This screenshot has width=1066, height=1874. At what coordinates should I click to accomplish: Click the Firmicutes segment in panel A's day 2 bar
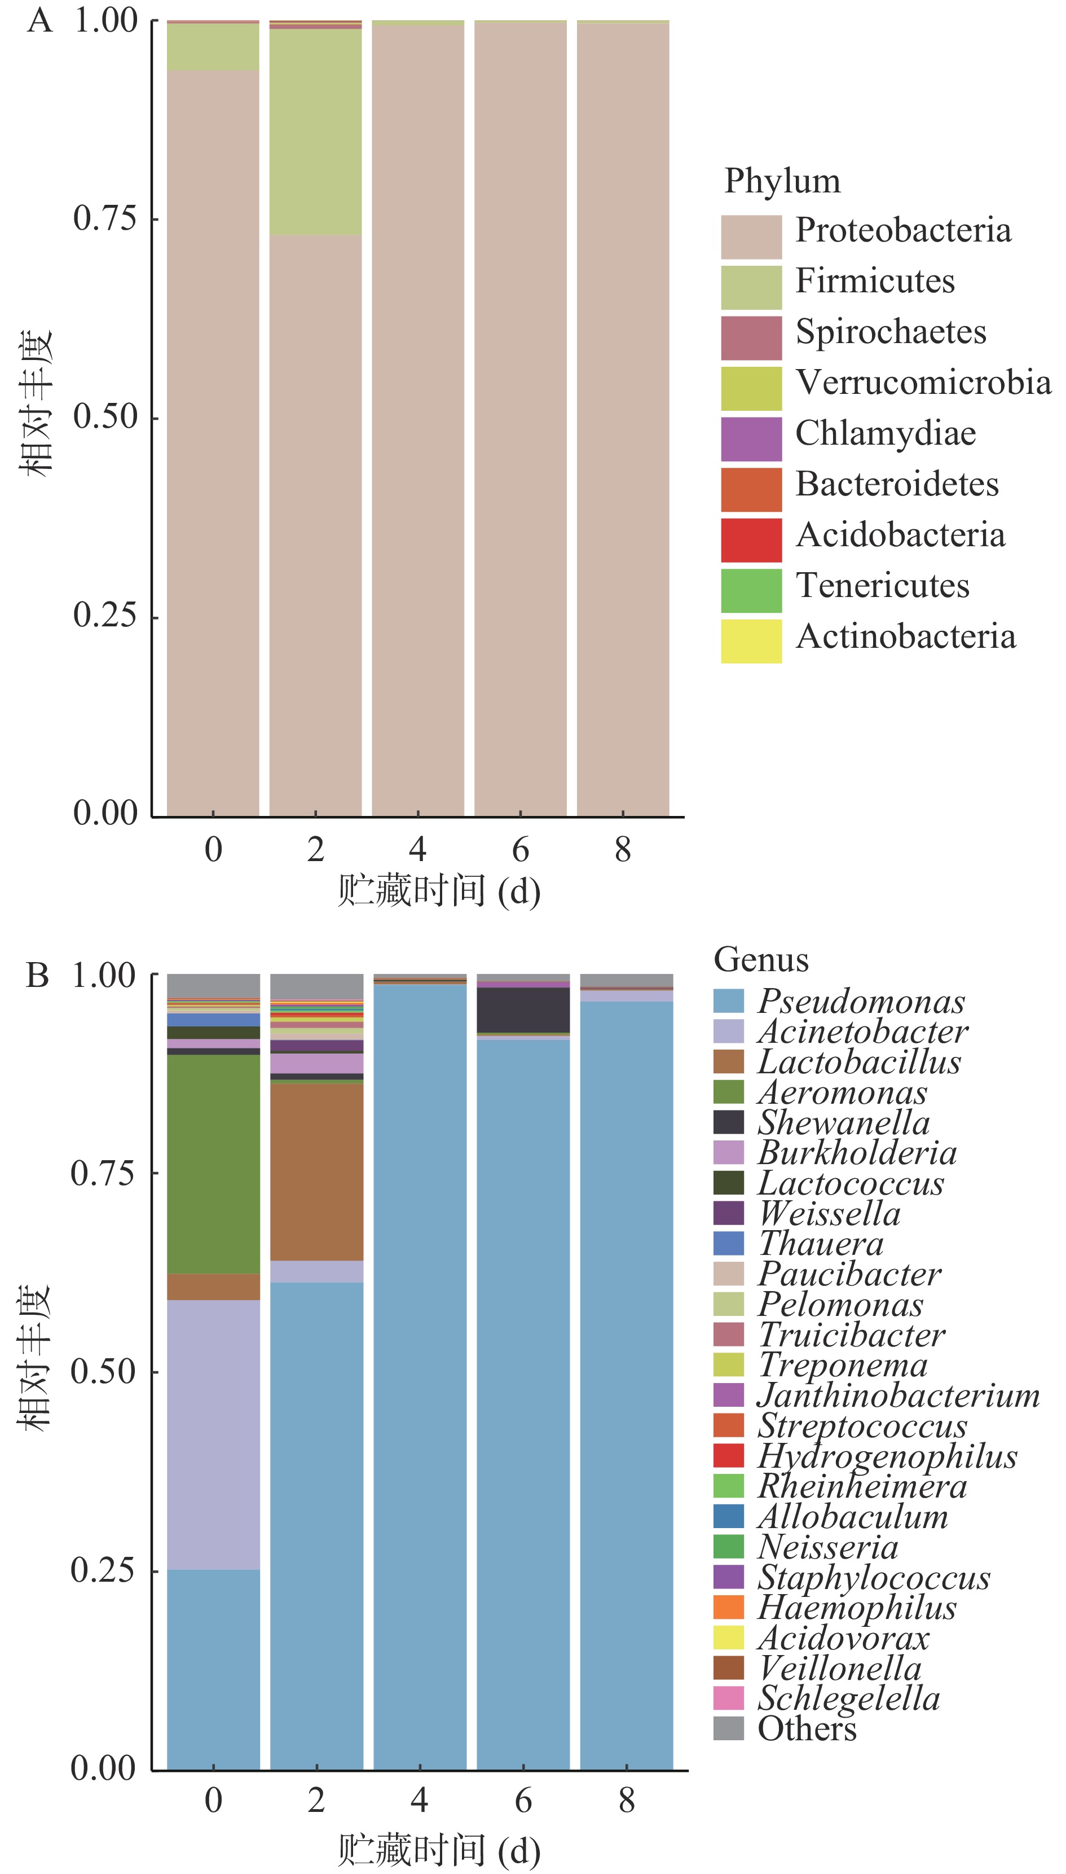click(315, 132)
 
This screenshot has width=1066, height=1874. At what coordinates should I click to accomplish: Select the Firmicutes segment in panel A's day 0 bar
click(213, 47)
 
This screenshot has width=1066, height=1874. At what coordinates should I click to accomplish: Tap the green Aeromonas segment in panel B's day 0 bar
click(213, 1164)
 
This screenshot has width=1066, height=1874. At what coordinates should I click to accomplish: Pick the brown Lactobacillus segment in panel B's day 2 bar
click(316, 1171)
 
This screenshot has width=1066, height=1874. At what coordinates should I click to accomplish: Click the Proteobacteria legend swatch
click(751, 236)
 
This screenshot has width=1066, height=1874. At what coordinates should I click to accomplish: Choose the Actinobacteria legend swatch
click(751, 642)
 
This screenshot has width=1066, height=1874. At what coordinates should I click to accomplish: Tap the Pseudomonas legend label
click(861, 1001)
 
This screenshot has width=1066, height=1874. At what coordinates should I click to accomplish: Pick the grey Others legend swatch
click(729, 1728)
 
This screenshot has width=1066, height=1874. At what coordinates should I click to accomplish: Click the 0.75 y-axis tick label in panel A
click(105, 218)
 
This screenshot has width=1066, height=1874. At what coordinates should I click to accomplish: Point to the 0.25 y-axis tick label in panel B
click(103, 1570)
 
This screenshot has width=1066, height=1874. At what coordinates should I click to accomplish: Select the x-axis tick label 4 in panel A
click(417, 849)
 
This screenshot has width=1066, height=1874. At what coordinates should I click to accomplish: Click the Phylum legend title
click(782, 181)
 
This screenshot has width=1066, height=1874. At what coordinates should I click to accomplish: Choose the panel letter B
click(37, 976)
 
